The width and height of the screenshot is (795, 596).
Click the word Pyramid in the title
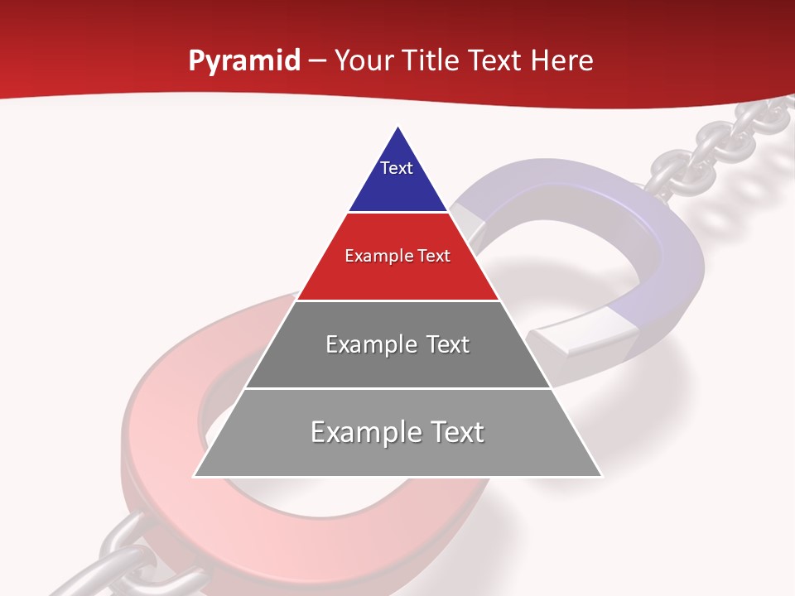[x=243, y=61]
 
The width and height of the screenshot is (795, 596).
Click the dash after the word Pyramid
[x=316, y=61]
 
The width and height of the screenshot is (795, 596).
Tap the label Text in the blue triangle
[x=397, y=168]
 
